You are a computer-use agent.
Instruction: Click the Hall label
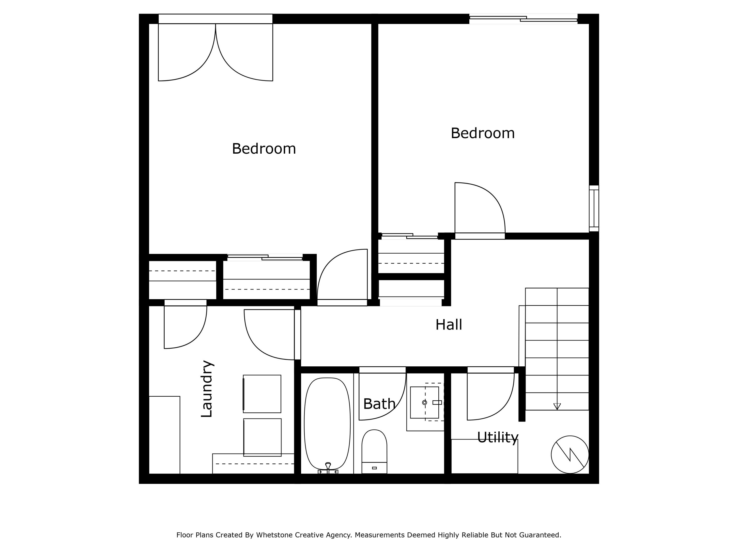coord(448,325)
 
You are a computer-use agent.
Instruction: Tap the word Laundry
coord(207,389)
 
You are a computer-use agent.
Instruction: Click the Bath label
coord(379,404)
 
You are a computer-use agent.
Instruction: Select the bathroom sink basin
coord(424,402)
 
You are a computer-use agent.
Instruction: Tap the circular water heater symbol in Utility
coord(570,455)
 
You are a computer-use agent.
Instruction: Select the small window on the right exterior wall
coord(594,208)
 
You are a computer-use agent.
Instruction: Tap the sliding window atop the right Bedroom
coord(523,19)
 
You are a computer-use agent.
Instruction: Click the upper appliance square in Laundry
coord(262,394)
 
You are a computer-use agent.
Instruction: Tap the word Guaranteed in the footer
coord(542,535)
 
